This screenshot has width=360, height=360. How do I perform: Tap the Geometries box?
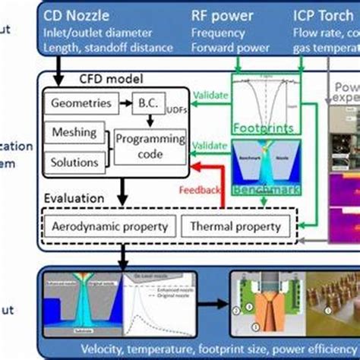78,102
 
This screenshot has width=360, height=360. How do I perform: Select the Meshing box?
74,132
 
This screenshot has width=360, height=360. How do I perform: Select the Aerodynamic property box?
109,226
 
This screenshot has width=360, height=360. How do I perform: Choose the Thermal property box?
234,226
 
